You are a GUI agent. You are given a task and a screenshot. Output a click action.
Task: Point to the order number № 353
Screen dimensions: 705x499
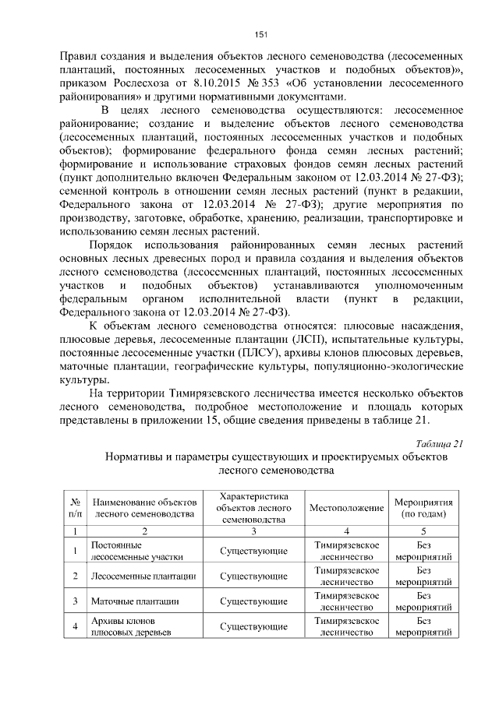(263, 84)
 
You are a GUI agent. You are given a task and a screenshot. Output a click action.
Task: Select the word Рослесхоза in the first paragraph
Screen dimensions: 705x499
(140, 84)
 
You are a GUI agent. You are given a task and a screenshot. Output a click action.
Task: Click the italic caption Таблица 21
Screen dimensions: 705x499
(441, 443)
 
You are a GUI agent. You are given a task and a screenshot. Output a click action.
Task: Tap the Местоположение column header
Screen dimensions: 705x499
(346, 508)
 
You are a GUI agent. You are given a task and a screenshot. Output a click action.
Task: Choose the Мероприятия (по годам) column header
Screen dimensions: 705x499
(423, 508)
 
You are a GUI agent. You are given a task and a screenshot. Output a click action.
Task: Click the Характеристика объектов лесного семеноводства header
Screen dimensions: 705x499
(254, 508)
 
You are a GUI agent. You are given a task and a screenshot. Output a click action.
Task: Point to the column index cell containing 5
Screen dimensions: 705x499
(423, 531)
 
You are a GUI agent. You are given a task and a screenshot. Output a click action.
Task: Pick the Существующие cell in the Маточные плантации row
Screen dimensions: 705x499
(254, 601)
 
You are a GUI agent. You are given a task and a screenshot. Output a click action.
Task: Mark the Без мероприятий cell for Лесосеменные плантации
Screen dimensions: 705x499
(423, 576)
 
